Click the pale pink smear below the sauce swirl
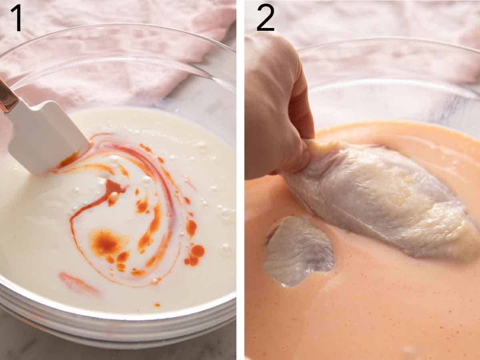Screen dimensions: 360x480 (x=78, y=283)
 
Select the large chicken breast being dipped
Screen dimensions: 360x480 (x=380, y=200)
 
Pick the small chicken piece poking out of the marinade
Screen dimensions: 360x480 (x=298, y=250)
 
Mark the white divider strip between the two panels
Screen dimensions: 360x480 (x=240, y=180)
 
